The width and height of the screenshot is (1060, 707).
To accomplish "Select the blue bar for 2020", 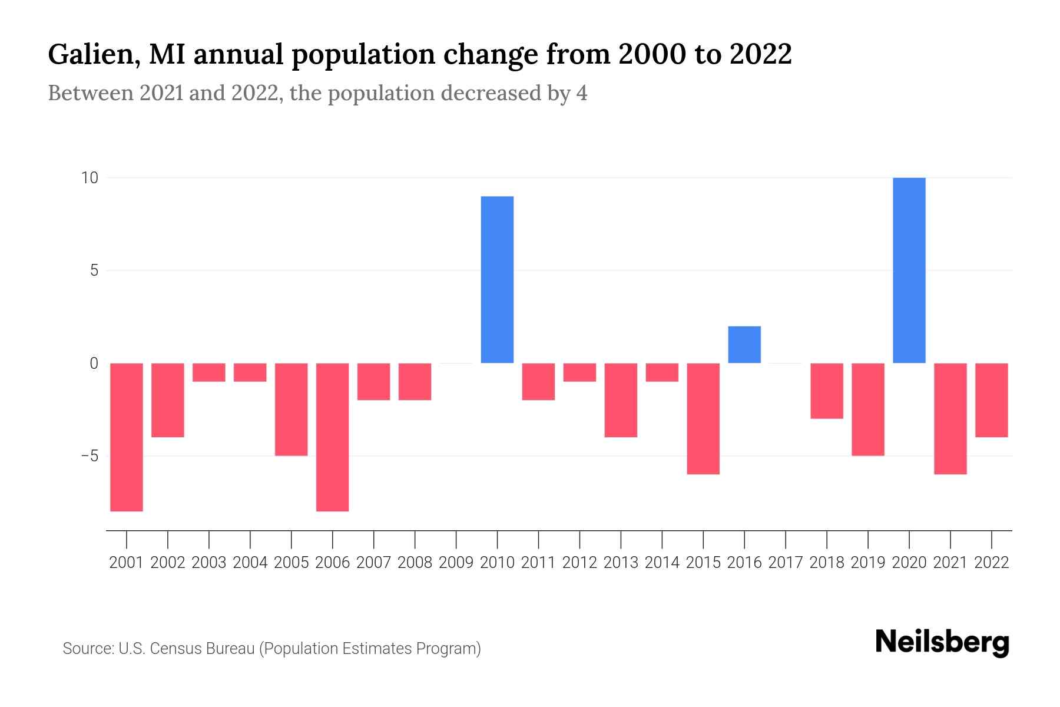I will (x=909, y=270).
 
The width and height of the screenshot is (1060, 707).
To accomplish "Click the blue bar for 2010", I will (x=497, y=280).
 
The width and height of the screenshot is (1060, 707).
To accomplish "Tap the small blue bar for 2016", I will (x=744, y=345).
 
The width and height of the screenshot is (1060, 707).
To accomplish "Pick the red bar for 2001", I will (x=127, y=437).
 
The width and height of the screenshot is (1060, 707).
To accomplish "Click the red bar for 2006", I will (x=332, y=437).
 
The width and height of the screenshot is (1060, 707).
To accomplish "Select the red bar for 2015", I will (x=703, y=418).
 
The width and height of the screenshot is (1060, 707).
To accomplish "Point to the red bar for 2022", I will (x=992, y=400).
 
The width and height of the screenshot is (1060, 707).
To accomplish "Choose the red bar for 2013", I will (x=621, y=400).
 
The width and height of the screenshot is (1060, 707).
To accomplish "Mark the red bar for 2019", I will (x=868, y=409).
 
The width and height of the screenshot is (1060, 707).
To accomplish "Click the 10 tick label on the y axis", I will (x=90, y=178).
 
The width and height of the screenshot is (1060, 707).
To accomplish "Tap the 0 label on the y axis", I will (x=94, y=364).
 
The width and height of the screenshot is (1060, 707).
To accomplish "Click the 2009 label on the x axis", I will (x=456, y=563).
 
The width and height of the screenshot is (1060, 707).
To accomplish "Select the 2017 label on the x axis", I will (x=786, y=563).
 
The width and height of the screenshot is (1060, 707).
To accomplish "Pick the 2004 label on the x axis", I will (x=250, y=563).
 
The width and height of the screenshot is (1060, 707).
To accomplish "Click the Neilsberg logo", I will (x=942, y=642).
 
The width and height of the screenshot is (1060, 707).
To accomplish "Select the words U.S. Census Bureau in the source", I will (x=187, y=649).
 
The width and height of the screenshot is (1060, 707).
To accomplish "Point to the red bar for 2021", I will (x=950, y=418).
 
